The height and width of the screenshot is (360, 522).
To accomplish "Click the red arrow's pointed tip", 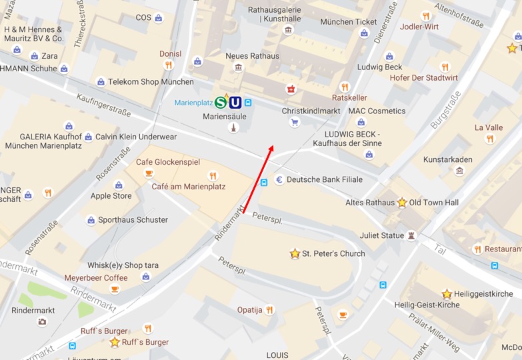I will click(272, 145).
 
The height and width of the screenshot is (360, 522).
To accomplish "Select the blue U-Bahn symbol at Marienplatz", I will click(235, 102).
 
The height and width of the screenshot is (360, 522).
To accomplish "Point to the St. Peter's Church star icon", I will click(295, 253).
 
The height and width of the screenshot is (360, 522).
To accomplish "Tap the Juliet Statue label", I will click(382, 235).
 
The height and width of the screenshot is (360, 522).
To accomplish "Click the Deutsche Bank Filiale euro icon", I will click(279, 179).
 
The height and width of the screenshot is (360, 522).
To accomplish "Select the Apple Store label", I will click(111, 196).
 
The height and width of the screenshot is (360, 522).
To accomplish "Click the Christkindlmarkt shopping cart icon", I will click(295, 123).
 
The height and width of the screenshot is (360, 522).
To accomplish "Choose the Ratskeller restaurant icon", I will click(345, 87).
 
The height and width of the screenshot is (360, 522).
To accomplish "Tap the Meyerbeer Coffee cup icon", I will click(114, 289).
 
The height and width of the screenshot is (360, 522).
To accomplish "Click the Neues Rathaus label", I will click(252, 56).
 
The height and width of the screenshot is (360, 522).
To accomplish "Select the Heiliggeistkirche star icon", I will click(447, 294).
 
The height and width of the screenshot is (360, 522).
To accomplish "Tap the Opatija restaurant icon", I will click(269, 310).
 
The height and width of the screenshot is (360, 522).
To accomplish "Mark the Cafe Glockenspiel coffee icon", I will click(149, 174).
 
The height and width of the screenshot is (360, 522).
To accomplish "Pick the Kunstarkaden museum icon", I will click(459, 171).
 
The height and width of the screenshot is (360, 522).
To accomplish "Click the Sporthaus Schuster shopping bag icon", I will click(91, 220).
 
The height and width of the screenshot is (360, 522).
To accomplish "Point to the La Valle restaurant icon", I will click(489, 139).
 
